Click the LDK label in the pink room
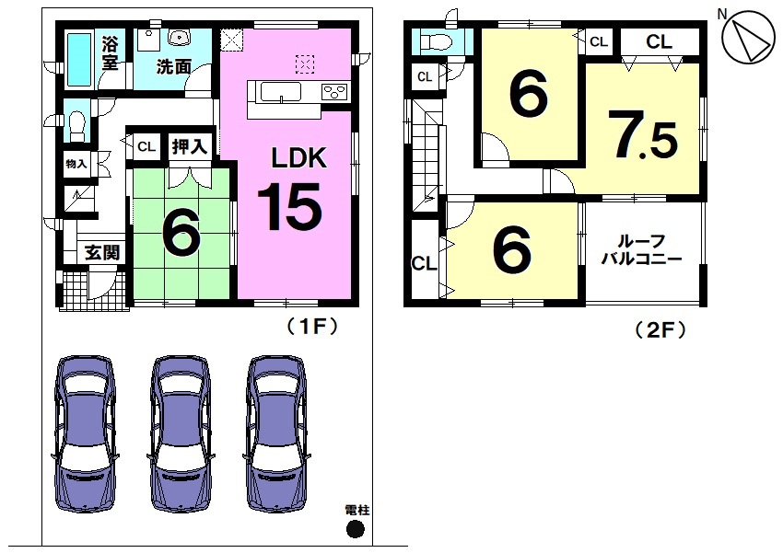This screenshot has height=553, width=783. [x=298, y=157]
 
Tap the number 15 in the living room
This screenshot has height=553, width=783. [x=290, y=206]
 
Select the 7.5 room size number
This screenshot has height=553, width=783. [x=643, y=134]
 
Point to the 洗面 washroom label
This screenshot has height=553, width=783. [x=174, y=67]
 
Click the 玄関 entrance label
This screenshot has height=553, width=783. [x=102, y=253]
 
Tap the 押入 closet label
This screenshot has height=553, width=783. [x=189, y=146]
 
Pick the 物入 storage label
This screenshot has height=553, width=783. [x=76, y=164]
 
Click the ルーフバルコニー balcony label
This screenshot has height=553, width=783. [x=642, y=250]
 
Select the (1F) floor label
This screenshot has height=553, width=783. [x=312, y=327]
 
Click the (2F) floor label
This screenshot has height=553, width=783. [x=660, y=329]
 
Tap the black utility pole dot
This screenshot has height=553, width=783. [x=355, y=529]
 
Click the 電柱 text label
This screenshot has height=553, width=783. [x=357, y=510]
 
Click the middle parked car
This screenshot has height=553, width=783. [x=181, y=433]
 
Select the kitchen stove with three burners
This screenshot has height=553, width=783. [x=334, y=92]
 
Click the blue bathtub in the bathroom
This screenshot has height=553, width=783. [x=79, y=59]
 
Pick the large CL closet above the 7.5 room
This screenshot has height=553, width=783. [x=660, y=42]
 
